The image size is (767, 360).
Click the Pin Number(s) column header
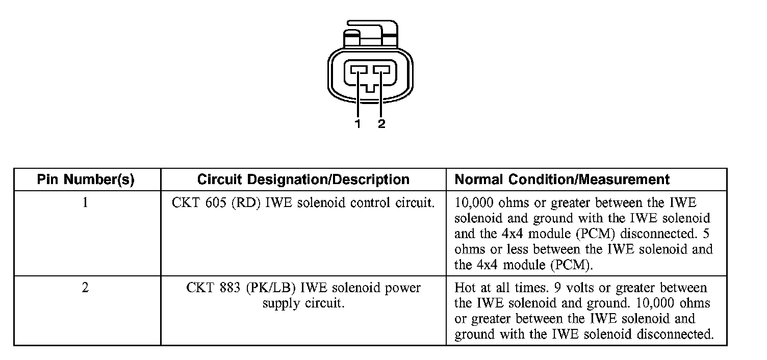pos(86,179)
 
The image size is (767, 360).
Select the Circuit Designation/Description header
pos(303,179)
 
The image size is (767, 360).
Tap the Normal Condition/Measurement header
pos(562,179)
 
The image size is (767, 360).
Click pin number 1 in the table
pos(86,202)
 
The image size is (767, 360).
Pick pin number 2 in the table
pos(86,288)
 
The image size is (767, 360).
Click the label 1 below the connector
pos(359,124)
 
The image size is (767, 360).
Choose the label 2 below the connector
pos(381,124)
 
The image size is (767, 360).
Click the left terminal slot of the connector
pos(359,70)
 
